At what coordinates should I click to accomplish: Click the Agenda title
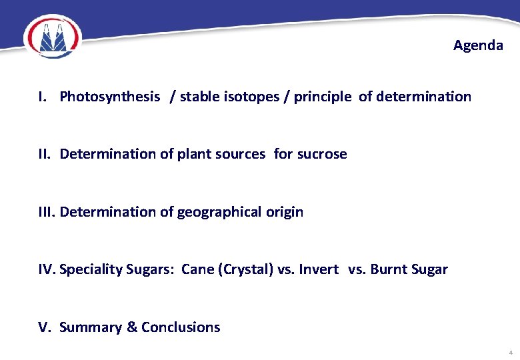478,45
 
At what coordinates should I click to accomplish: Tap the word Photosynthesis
109,97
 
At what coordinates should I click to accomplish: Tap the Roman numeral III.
47,212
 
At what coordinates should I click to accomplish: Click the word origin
285,212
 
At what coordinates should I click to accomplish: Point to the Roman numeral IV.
47,269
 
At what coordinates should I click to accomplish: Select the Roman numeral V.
44,327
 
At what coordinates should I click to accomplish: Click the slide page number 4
510,352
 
